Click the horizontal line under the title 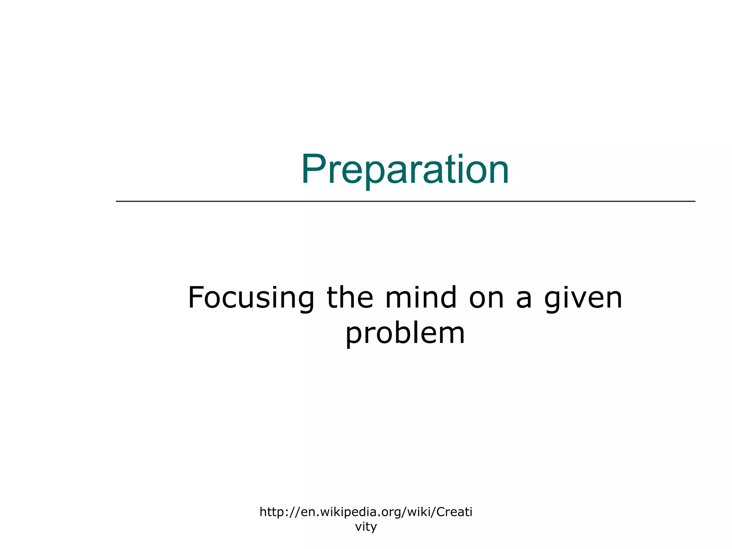click(x=405, y=201)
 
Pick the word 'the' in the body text click(x=350, y=297)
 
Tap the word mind click(x=421, y=297)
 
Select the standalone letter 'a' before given click(x=524, y=301)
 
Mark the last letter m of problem click(x=452, y=336)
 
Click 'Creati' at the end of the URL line click(x=455, y=512)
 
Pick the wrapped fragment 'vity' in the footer click(x=366, y=527)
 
